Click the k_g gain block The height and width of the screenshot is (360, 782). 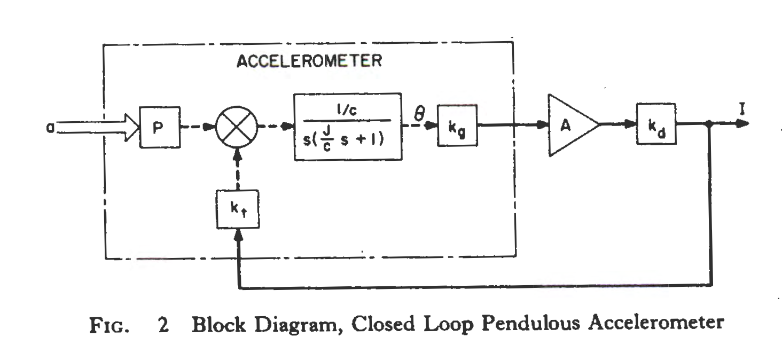457,126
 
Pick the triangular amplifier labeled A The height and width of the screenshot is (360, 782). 569,125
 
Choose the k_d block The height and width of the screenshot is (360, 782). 656,124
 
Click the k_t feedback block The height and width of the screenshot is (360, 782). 237,209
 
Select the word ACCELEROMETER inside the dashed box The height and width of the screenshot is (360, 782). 309,61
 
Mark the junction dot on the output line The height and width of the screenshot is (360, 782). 709,124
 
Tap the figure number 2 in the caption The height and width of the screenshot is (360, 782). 163,325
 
